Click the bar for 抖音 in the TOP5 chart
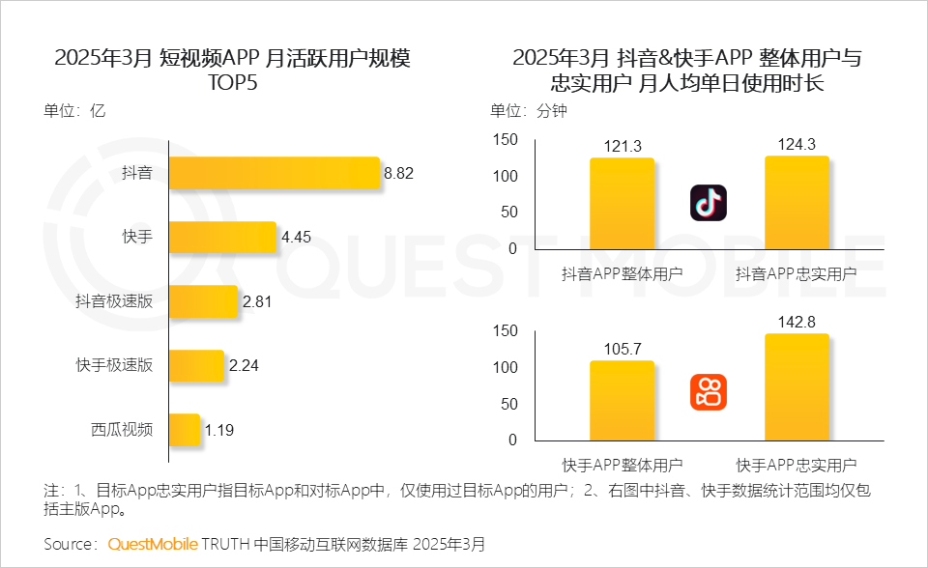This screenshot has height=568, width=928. [274, 174]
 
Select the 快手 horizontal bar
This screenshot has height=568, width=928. [222, 237]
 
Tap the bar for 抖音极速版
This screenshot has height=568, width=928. [203, 301]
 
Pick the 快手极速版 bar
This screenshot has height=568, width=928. [196, 365]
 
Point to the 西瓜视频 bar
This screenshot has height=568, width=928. [185, 429]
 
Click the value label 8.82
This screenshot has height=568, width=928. [399, 174]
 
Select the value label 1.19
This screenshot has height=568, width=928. [218, 429]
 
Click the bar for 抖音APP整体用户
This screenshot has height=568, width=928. [622, 203]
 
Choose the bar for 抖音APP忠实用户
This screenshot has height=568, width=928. [797, 202]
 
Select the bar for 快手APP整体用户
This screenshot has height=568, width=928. [622, 400]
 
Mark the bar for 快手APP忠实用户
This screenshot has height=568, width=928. [797, 386]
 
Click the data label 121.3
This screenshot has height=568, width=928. [622, 146]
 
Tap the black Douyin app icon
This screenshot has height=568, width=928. [708, 203]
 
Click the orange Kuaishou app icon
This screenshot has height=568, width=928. [708, 392]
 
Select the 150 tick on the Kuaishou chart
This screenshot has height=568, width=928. [506, 331]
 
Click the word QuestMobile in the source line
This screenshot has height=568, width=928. [152, 544]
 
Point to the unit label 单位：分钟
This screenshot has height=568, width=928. [529, 110]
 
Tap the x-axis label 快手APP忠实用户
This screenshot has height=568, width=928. [797, 463]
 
